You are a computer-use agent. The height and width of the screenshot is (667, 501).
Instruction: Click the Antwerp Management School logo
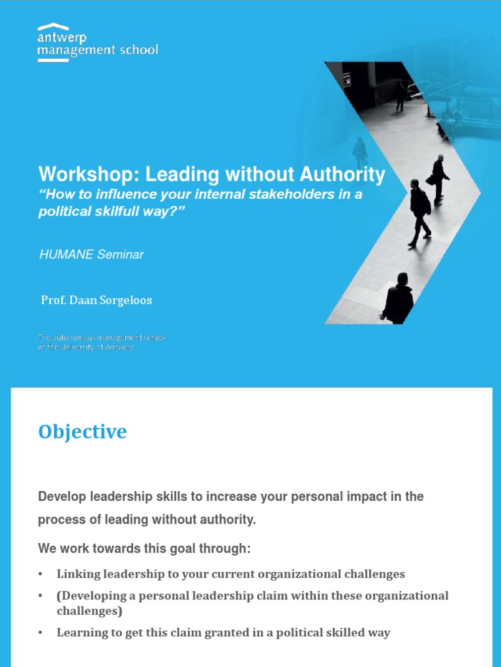[97, 43]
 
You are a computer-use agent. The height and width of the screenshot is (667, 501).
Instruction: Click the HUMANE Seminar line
[91, 255]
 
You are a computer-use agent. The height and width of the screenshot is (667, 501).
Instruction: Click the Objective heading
[82, 432]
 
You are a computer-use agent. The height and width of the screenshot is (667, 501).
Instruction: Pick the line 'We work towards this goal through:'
[144, 548]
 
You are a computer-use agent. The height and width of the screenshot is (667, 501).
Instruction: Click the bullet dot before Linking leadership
[41, 575]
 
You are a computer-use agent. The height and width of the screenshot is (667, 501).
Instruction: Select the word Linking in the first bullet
[78, 575]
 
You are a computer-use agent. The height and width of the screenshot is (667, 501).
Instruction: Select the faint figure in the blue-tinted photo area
[359, 152]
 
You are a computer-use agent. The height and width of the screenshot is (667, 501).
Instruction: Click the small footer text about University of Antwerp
[102, 343]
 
